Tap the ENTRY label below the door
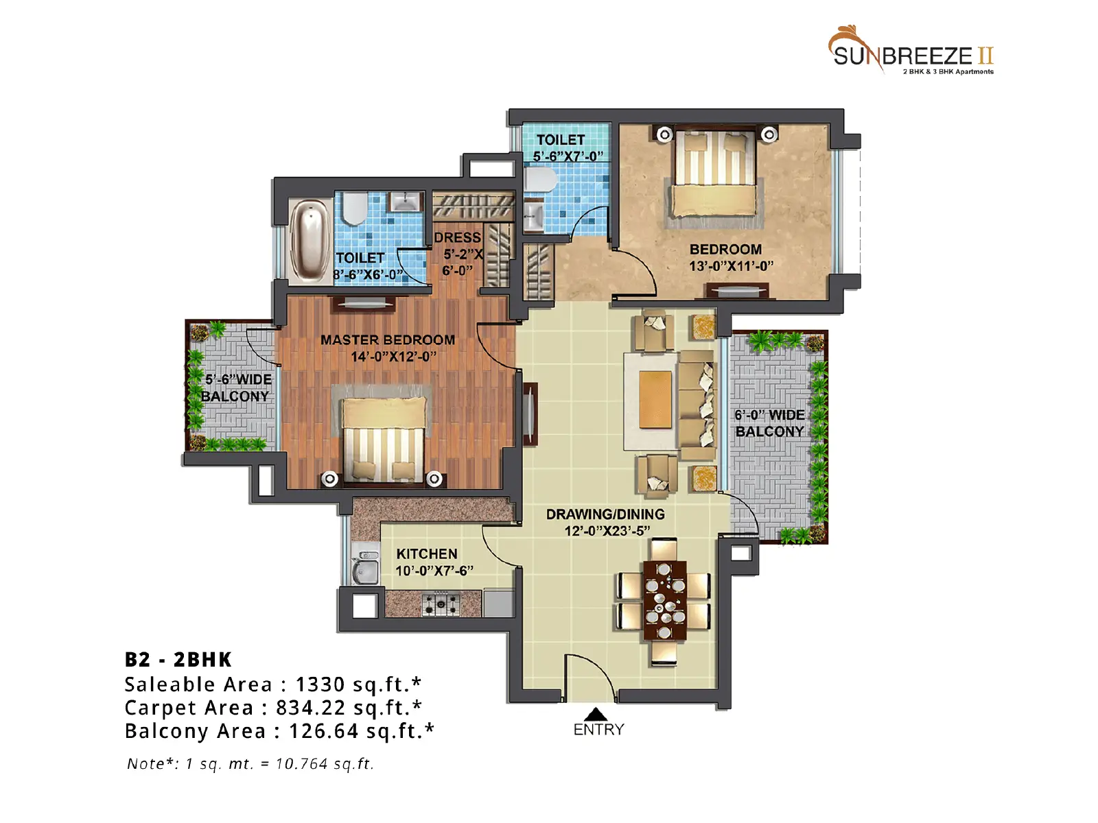click(598, 730)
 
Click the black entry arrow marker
click(595, 713)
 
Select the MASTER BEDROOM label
click(388, 339)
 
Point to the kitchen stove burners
click(441, 604)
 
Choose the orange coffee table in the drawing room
click(655, 400)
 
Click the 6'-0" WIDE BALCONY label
click(769, 422)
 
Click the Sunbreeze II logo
click(911, 51)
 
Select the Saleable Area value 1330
click(320, 684)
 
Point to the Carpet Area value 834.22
click(311, 708)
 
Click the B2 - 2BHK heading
click(178, 660)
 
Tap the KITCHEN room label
click(427, 553)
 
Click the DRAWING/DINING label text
click(605, 514)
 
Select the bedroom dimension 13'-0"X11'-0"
click(732, 266)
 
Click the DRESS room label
click(457, 237)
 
